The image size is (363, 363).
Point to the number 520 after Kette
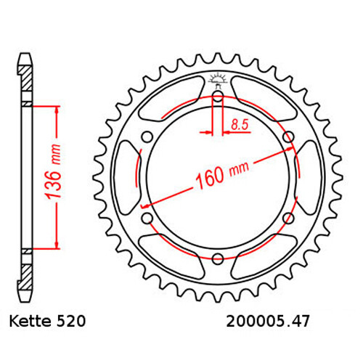pos(73,320)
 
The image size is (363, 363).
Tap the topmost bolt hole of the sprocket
pos(218,94)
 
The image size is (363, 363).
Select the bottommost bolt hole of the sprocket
pos(218,256)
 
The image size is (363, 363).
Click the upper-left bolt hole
pos(148,135)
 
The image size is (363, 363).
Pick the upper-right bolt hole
pos(287,135)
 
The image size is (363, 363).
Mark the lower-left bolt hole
pos(148,216)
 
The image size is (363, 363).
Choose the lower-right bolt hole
pos(287,216)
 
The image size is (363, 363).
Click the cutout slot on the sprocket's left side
pos(128,175)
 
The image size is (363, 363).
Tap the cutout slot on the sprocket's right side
pos(308,175)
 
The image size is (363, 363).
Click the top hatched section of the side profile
pos(25,79)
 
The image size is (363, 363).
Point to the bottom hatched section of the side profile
pos(25,270)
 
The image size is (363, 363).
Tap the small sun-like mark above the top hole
pos(218,78)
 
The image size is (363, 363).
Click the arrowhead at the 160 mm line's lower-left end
pos(152,211)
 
